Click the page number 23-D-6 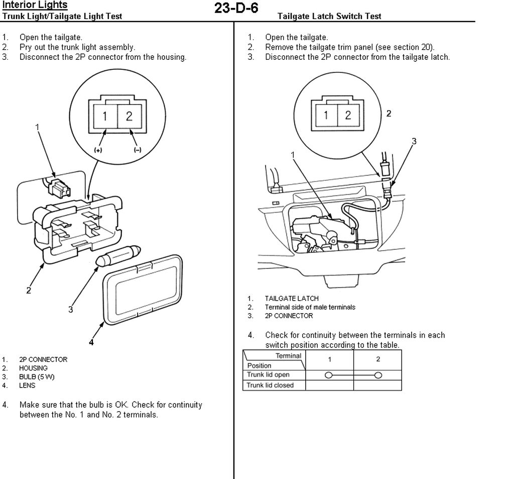click(x=236, y=9)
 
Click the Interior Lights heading click(x=35, y=6)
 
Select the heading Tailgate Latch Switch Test click(x=329, y=16)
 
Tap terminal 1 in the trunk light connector click(x=105, y=116)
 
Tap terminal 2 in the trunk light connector click(x=129, y=116)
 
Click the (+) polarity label click(x=99, y=150)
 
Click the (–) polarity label click(x=137, y=150)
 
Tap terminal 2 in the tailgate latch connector click(x=347, y=115)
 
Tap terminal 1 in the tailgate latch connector click(x=326, y=115)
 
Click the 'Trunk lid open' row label click(x=268, y=375)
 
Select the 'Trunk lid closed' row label click(x=270, y=386)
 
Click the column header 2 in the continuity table click(x=377, y=359)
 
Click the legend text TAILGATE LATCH click(x=292, y=299)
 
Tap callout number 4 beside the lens click(x=91, y=343)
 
